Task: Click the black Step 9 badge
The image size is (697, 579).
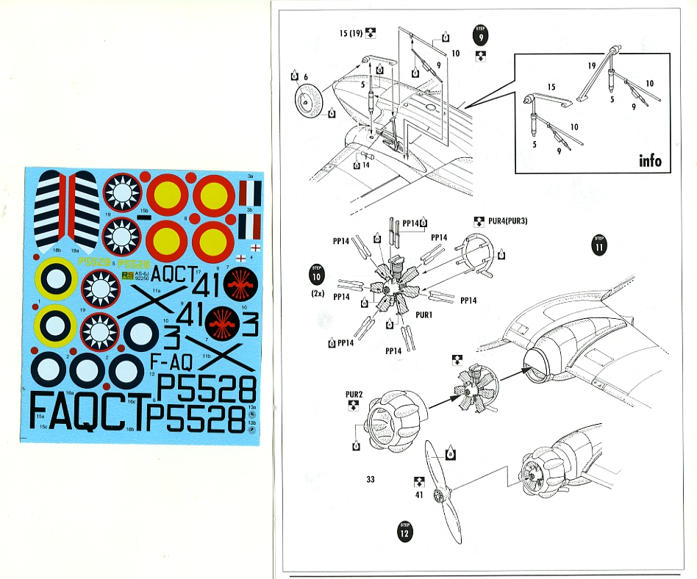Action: (x=479, y=35)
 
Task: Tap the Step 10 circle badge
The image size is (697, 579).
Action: (x=316, y=275)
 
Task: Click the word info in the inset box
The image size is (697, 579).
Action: (x=649, y=160)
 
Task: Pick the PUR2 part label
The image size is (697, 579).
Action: (x=354, y=395)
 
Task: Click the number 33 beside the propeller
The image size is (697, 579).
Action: (x=371, y=480)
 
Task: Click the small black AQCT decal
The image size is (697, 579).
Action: (x=174, y=269)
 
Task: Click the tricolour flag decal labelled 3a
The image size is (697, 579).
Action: (x=251, y=193)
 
